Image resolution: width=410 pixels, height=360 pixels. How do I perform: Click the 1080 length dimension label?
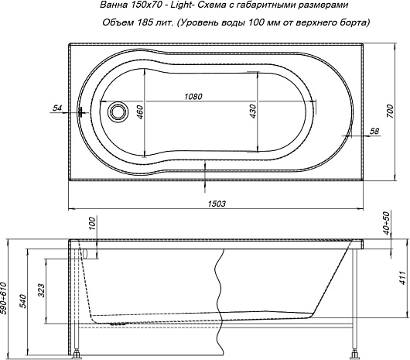(x=193, y=97)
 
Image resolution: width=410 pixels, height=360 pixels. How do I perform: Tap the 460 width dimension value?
(x=141, y=112)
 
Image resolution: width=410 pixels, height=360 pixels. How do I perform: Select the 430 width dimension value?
(x=253, y=111)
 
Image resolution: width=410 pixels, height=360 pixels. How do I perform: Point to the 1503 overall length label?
(x=217, y=204)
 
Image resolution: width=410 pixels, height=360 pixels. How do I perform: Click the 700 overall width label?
(x=390, y=111)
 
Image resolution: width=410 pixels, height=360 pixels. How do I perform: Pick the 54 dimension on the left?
(x=57, y=108)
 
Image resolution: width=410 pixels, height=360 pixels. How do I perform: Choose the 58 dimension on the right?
(x=374, y=131)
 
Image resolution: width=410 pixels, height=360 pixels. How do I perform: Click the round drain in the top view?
(x=118, y=111)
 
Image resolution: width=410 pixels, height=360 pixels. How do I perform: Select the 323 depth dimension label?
(x=42, y=290)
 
